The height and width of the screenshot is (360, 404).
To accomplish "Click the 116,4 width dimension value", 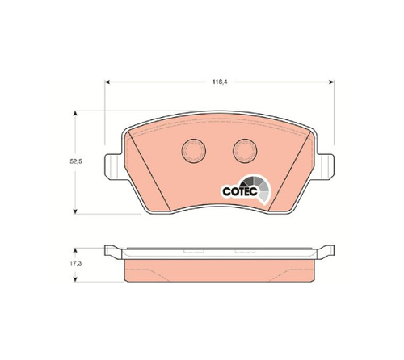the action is point(220,82).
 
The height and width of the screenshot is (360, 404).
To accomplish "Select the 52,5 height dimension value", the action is point(76,161).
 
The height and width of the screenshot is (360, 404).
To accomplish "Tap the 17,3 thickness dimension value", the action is point(76,263).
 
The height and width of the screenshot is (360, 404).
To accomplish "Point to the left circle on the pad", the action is point(194,151).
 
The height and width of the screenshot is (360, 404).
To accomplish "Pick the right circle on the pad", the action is point(245,151).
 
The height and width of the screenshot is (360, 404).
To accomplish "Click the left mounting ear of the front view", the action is point(113,167).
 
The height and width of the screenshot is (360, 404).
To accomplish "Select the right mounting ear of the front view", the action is point(326,167).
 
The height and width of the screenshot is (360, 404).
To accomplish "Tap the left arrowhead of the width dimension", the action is point(107,82).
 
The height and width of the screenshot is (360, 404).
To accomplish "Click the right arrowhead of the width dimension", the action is point(331,82).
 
